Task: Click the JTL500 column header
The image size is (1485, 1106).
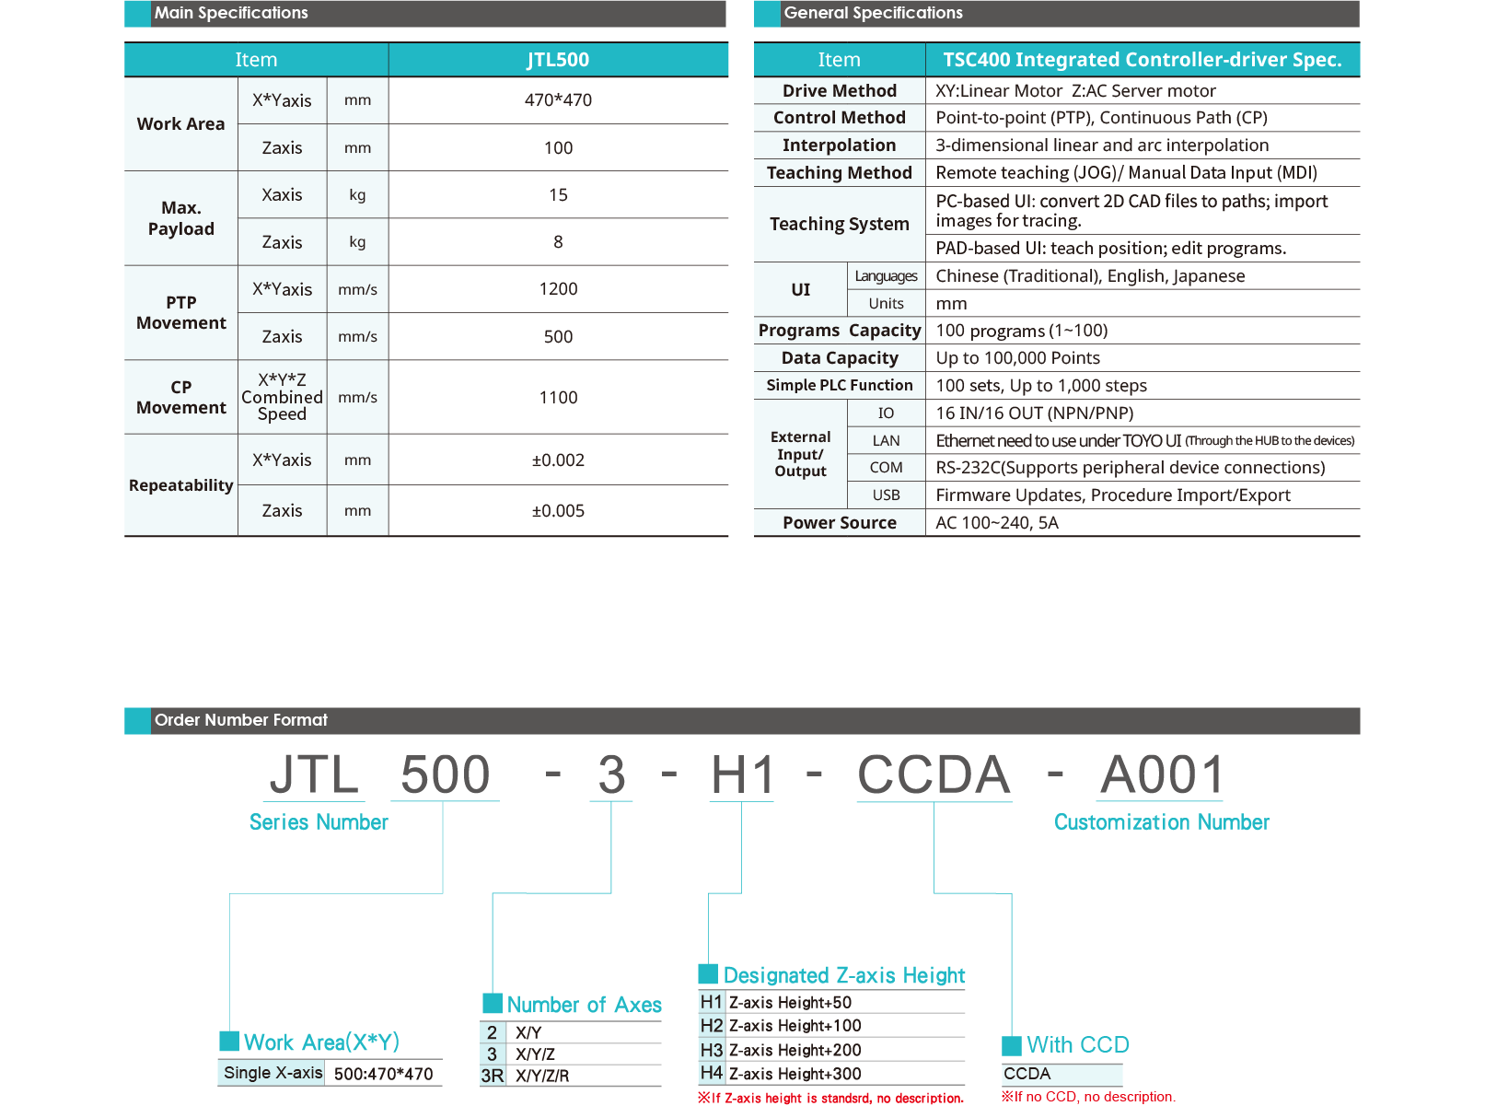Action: (558, 60)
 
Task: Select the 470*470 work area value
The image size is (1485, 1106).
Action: (558, 100)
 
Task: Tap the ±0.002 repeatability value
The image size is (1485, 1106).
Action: (558, 460)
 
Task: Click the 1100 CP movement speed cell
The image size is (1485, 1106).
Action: (558, 398)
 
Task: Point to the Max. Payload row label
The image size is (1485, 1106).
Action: (181, 218)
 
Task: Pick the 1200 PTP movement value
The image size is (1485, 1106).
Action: (558, 289)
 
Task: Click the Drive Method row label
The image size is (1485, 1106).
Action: (839, 91)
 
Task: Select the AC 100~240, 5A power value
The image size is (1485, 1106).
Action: (997, 523)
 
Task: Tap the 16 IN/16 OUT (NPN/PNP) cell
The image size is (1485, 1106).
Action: (1034, 413)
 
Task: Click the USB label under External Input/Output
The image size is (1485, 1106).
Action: (886, 495)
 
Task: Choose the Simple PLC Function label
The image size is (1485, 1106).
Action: (839, 386)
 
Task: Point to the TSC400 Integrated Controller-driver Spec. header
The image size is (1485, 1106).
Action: (1142, 60)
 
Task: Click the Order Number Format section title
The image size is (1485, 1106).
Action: (241, 720)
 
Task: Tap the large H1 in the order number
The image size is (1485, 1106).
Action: (743, 774)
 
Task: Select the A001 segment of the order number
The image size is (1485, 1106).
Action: (1162, 774)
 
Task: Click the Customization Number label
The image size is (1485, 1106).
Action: (1161, 822)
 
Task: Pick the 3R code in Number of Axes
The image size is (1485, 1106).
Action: (493, 1076)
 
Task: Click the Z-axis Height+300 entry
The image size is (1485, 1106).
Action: (795, 1074)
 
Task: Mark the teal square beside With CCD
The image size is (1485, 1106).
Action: (1012, 1046)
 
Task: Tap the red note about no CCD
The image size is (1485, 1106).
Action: (1088, 1097)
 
